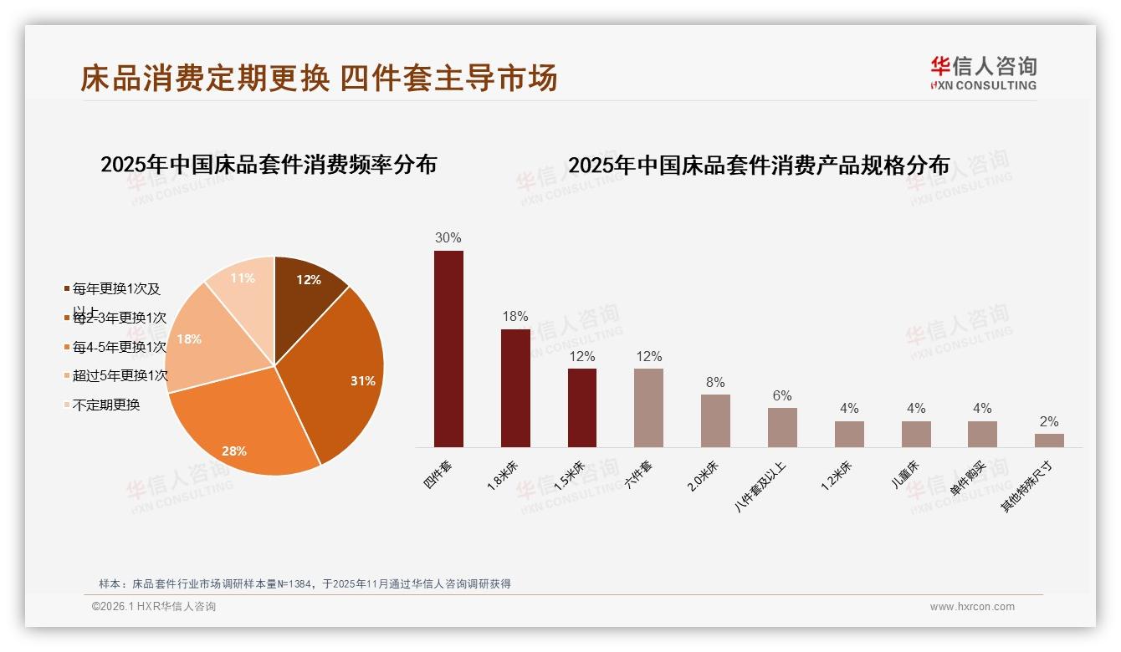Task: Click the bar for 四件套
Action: click(x=448, y=349)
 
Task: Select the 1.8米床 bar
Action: click(x=515, y=388)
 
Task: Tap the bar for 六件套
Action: click(x=648, y=408)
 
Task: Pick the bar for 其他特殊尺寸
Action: click(x=1049, y=440)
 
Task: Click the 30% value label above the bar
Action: click(x=448, y=237)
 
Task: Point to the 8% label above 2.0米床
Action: click(x=715, y=382)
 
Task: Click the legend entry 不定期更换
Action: click(x=105, y=405)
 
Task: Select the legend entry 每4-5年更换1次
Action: click(x=118, y=347)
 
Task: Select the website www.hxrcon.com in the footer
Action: click(x=972, y=607)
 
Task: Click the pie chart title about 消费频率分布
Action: click(x=269, y=165)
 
